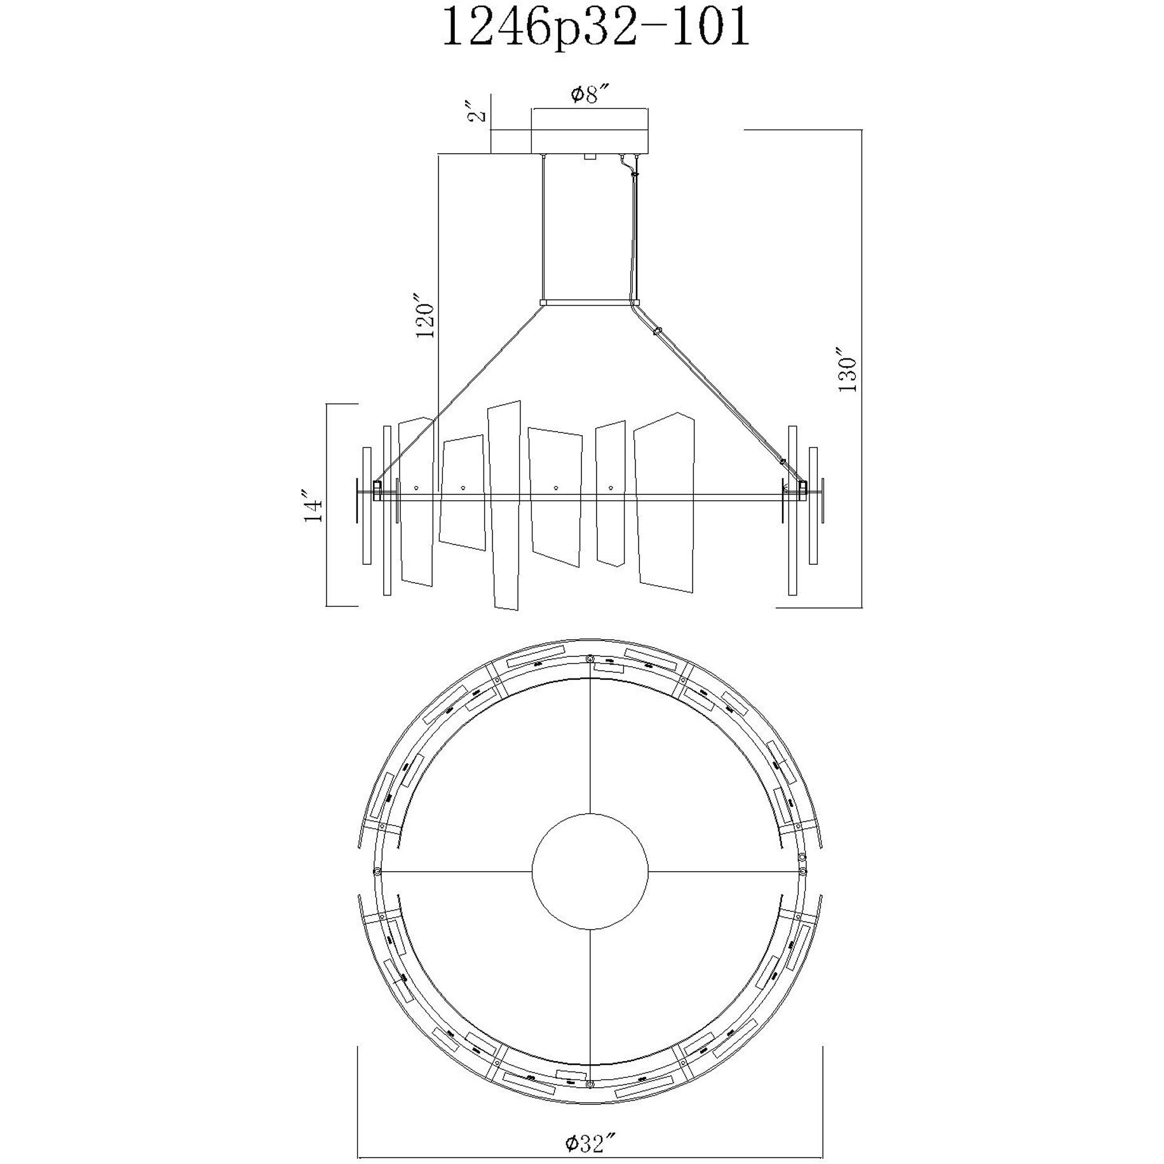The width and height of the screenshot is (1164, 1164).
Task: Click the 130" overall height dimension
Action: (848, 370)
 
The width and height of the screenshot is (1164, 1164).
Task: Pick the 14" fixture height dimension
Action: (313, 506)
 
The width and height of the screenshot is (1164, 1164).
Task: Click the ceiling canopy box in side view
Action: (590, 132)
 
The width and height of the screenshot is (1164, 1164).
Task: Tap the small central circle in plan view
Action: (590, 870)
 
